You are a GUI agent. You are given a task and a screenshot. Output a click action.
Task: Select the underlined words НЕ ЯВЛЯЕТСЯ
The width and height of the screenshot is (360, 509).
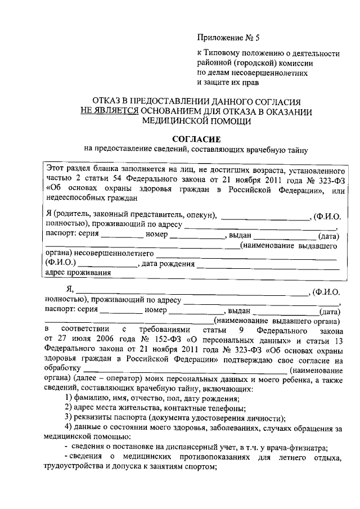click(x=109, y=111)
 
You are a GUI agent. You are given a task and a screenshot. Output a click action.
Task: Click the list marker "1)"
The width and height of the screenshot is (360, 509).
click(x=69, y=398)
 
